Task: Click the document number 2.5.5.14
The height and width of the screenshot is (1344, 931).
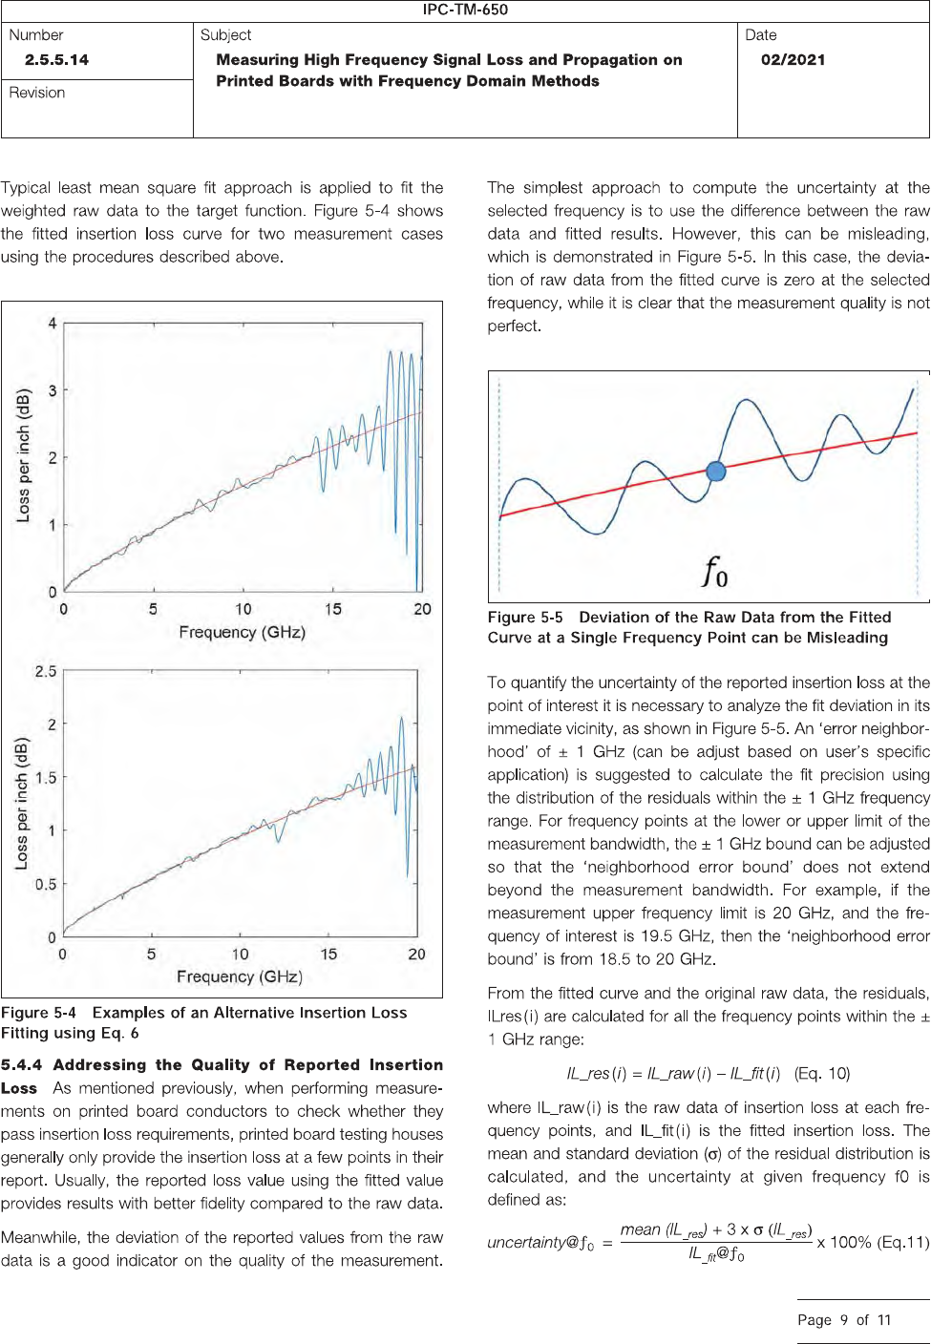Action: click(x=56, y=59)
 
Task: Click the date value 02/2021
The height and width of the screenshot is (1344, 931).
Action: click(x=793, y=59)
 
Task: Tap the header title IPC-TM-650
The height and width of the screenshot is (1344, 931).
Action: click(x=465, y=10)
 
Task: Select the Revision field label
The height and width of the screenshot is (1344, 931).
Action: click(x=37, y=93)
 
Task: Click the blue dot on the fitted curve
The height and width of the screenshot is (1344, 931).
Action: click(x=716, y=471)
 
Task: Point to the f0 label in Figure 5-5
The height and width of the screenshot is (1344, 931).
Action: click(x=715, y=573)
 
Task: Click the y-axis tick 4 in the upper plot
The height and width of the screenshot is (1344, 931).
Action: click(x=53, y=324)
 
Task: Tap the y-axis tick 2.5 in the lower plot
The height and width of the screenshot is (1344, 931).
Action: click(x=46, y=671)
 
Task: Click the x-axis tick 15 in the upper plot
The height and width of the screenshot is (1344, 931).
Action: click(x=332, y=609)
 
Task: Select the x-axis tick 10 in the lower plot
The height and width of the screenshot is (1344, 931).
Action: click(x=241, y=954)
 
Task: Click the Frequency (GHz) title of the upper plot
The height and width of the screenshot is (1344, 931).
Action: click(x=242, y=632)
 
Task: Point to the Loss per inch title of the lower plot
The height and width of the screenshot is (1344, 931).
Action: click(x=22, y=803)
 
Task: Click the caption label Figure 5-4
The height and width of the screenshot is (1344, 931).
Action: click(x=38, y=1013)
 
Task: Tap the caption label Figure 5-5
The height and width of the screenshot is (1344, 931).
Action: click(x=525, y=618)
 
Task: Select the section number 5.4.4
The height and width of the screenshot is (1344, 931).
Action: click(x=22, y=1065)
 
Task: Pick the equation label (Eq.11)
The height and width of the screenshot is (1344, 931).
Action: click(x=903, y=1242)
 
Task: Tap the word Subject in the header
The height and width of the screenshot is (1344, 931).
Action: click(x=226, y=35)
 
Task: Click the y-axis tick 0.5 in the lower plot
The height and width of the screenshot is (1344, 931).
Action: click(x=46, y=884)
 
